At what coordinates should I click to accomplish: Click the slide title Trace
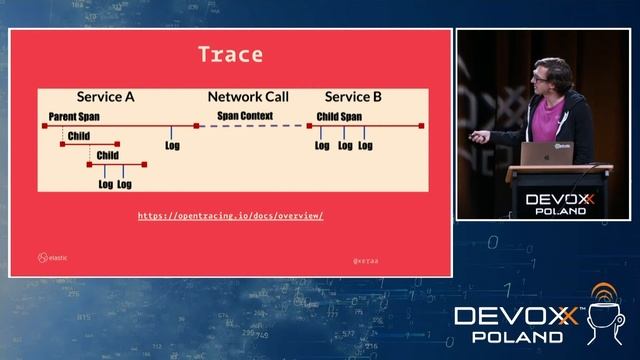pos(230,55)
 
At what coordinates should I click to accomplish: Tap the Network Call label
pos(248,97)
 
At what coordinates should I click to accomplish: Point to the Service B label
pos(353,97)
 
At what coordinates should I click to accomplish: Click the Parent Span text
pos(74,116)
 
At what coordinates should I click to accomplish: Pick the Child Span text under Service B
pos(339,116)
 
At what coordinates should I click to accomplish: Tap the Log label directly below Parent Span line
pos(172,145)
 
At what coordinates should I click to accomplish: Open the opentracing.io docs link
pos(230,216)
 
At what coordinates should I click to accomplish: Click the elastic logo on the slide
pos(53,257)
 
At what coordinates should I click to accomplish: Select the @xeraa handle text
pos(365,260)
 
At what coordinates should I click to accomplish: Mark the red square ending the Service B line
pos(422,126)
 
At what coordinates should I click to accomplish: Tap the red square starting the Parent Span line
pos(44,126)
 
